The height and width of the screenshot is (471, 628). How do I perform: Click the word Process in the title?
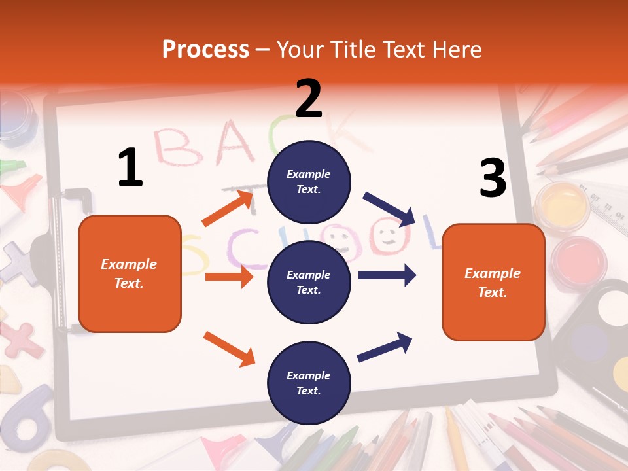tap(205, 50)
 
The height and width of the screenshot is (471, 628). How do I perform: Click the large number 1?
tap(130, 167)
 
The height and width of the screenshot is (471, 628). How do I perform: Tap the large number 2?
tap(309, 99)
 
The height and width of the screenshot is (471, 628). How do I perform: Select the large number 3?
tap(493, 178)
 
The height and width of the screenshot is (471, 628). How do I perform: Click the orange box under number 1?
tap(130, 273)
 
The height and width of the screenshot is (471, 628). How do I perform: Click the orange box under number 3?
tap(493, 283)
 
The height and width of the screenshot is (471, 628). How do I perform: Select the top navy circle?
tap(309, 182)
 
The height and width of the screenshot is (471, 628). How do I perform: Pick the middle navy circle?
tap(309, 283)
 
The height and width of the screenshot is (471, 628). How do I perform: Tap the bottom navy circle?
tap(309, 383)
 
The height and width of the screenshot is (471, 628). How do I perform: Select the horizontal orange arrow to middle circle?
tap(229, 277)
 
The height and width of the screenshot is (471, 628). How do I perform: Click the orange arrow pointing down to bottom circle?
tap(229, 348)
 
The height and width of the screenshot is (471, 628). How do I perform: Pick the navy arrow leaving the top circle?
tap(389, 209)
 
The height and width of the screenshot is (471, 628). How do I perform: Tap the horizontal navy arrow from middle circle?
tap(387, 275)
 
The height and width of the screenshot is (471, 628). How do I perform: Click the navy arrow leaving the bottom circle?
tap(385, 347)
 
